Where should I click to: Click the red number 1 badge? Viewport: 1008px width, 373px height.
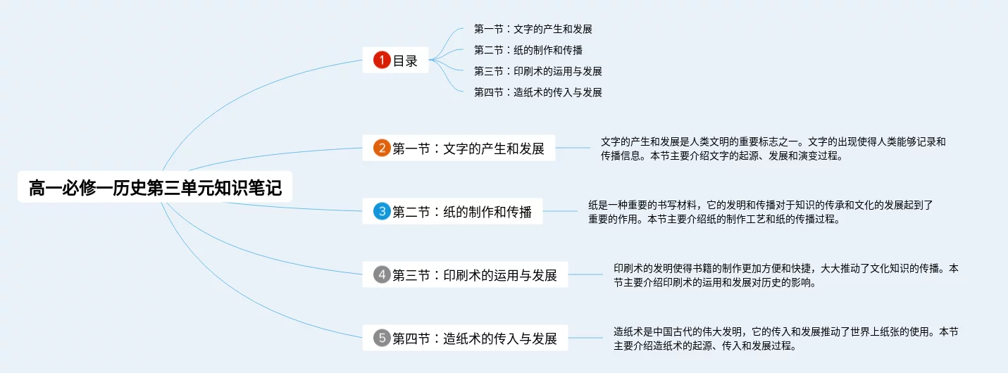382,61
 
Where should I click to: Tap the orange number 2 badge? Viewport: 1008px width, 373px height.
382,148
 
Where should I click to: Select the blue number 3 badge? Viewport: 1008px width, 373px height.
382,211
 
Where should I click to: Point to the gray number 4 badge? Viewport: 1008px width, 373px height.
382,275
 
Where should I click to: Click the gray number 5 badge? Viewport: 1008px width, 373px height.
382,339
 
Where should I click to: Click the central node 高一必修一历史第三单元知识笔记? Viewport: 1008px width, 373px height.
155,189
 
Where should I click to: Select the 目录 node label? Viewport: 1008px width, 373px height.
405,61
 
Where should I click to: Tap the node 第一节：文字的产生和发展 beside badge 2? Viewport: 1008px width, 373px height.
468,148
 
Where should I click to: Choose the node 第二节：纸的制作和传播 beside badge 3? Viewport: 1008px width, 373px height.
462,211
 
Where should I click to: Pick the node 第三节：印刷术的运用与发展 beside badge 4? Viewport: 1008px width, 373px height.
475,275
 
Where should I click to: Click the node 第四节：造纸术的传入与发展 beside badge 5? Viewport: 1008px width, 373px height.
475,339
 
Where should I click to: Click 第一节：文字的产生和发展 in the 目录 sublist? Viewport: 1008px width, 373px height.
533,30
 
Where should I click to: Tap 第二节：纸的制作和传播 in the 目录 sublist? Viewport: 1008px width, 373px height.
528,51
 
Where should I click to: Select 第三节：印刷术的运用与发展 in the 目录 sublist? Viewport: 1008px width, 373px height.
537,71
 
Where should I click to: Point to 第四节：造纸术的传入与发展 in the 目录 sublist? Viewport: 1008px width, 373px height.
537,92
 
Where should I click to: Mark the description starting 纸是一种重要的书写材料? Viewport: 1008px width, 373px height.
761,211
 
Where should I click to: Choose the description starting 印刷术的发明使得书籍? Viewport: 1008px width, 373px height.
785,275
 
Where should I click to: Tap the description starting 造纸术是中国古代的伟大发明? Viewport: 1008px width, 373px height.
785,339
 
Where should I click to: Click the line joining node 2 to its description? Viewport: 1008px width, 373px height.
573,148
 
